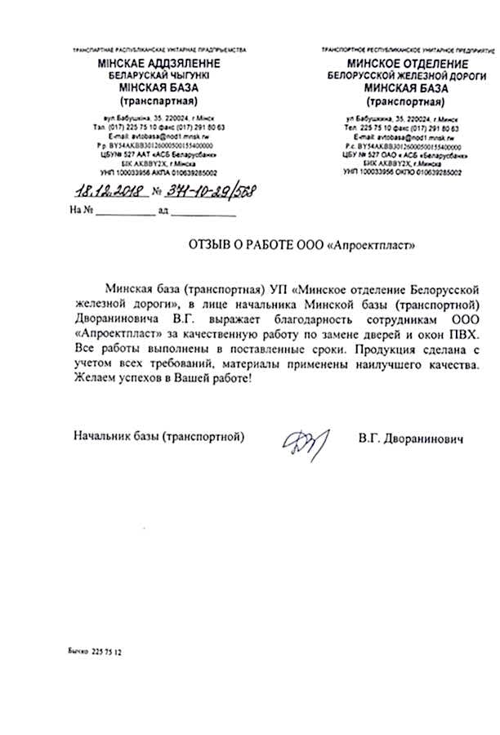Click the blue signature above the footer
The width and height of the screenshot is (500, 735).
coord(305,442)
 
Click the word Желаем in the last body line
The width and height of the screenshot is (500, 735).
coord(95,378)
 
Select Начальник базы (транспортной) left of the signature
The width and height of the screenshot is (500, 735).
coord(158,438)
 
